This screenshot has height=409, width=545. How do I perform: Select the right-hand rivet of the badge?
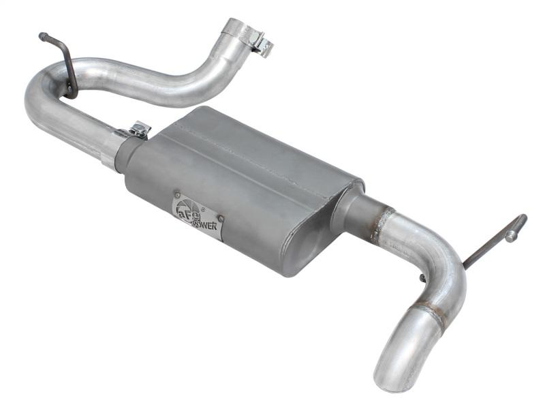(x=220, y=219)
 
